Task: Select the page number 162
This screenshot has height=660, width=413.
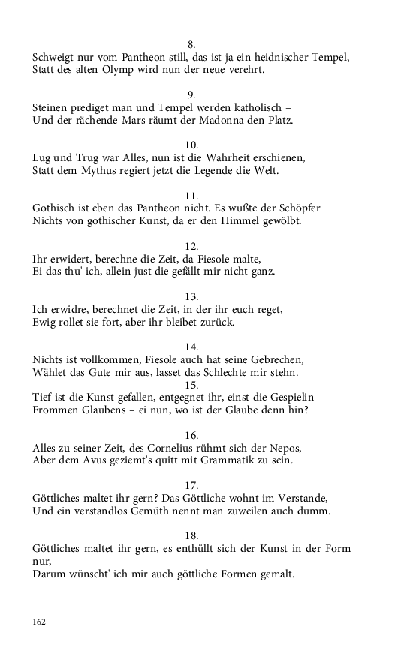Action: click(40, 622)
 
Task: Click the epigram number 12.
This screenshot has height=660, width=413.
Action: click(191, 246)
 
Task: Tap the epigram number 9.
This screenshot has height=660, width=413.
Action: click(191, 94)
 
